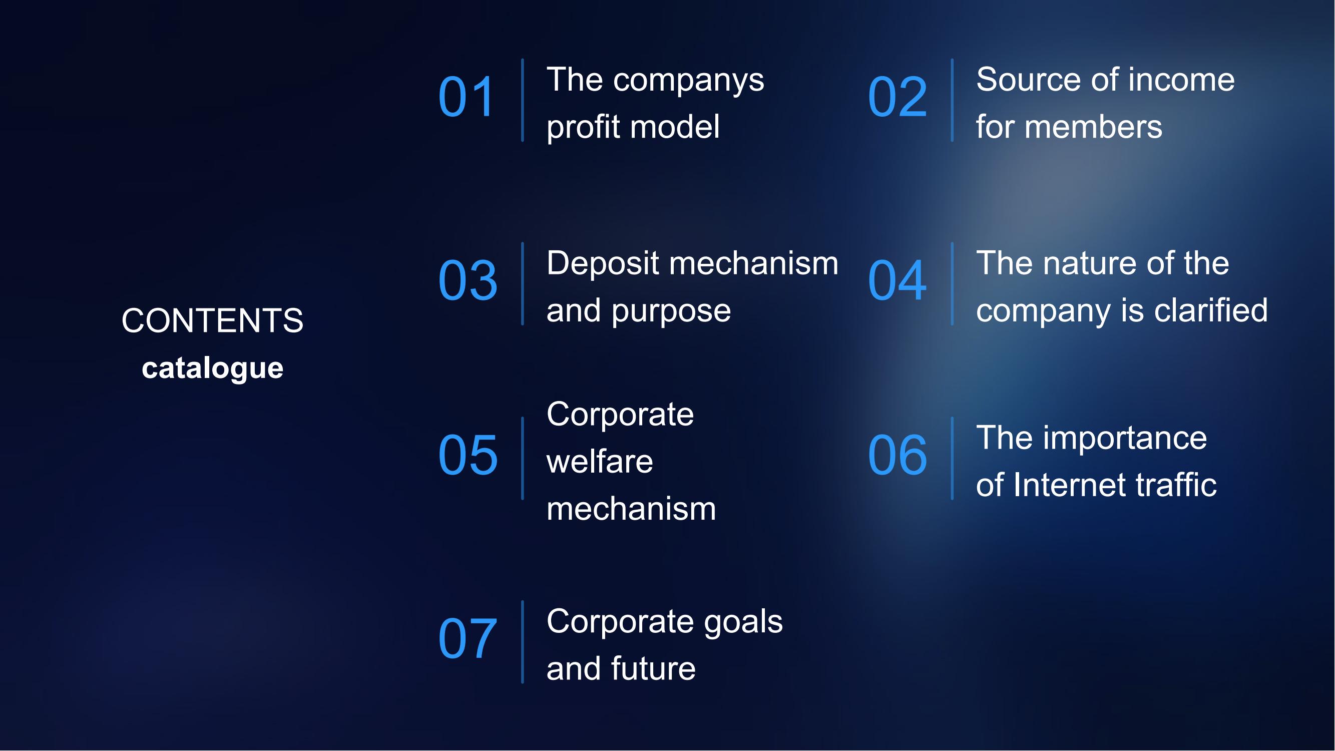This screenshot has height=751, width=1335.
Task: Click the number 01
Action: tap(467, 97)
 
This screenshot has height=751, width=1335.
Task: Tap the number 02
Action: tap(898, 97)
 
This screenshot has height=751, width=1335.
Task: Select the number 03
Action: tap(468, 280)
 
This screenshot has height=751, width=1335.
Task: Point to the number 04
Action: tap(898, 280)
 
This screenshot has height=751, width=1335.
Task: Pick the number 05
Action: tap(468, 455)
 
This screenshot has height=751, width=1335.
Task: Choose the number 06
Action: tap(898, 455)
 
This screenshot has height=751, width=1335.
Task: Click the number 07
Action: tap(468, 638)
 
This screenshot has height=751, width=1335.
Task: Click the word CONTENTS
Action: tap(212, 320)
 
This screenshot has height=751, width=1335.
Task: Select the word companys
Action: tap(689, 82)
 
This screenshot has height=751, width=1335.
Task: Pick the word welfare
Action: tap(600, 461)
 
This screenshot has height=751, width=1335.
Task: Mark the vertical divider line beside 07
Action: tap(523, 642)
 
